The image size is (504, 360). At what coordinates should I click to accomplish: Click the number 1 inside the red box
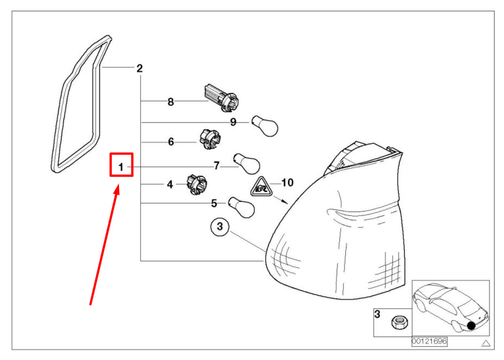pos(121,166)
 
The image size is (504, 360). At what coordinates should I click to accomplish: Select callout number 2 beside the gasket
pos(140,69)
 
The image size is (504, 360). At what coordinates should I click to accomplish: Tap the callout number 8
pos(170,102)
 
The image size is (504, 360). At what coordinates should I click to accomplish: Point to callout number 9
pos(233,122)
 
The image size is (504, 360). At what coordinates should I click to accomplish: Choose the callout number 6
pos(171,142)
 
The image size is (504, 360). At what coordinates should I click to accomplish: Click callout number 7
pos(216,165)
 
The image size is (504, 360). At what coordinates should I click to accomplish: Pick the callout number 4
pos(170,185)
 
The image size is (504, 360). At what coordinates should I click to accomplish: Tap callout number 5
pos(214,203)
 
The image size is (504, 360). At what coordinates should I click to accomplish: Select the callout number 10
pos(287,182)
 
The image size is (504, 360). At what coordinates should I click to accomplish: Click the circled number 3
pos(219,227)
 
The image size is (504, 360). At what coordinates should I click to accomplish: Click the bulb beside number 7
pos(247,164)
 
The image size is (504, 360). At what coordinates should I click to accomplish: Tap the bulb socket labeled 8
pos(221,96)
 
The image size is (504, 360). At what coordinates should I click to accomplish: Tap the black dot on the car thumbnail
pos(471,325)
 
